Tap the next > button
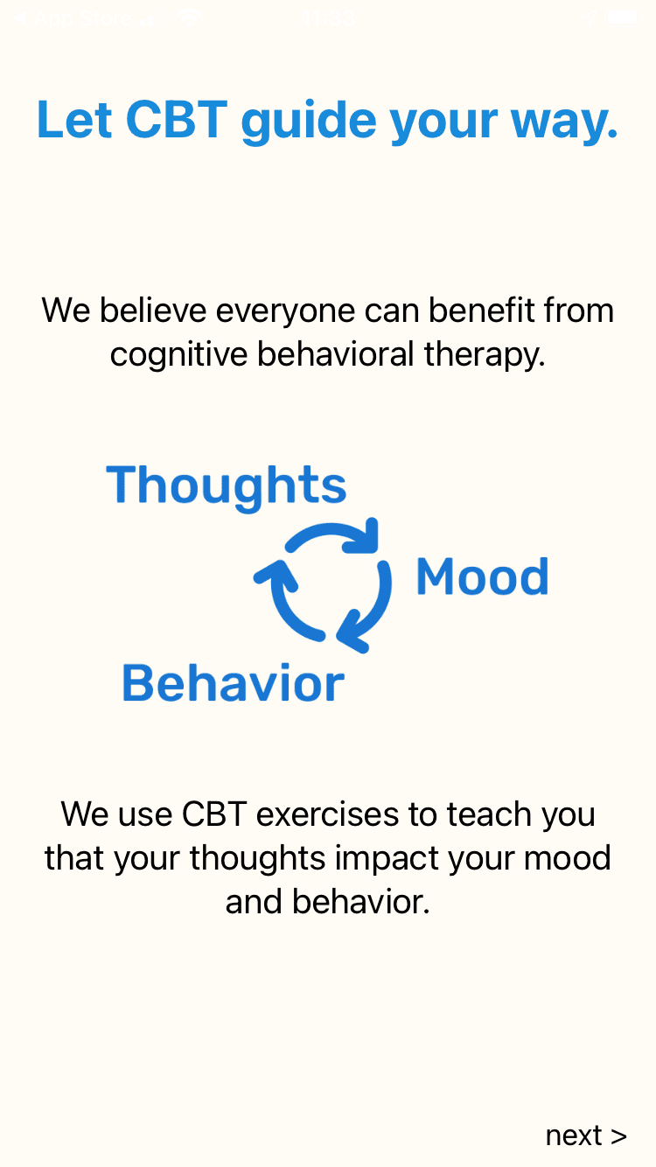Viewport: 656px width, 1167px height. tap(585, 1135)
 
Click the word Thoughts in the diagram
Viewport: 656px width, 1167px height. tap(227, 486)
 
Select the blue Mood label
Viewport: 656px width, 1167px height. tap(482, 577)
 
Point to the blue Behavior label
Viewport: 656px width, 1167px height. tap(233, 683)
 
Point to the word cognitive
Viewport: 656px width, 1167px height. tap(179, 354)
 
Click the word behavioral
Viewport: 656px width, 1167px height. tap(336, 354)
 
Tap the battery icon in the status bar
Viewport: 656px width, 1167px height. tap(622, 17)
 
